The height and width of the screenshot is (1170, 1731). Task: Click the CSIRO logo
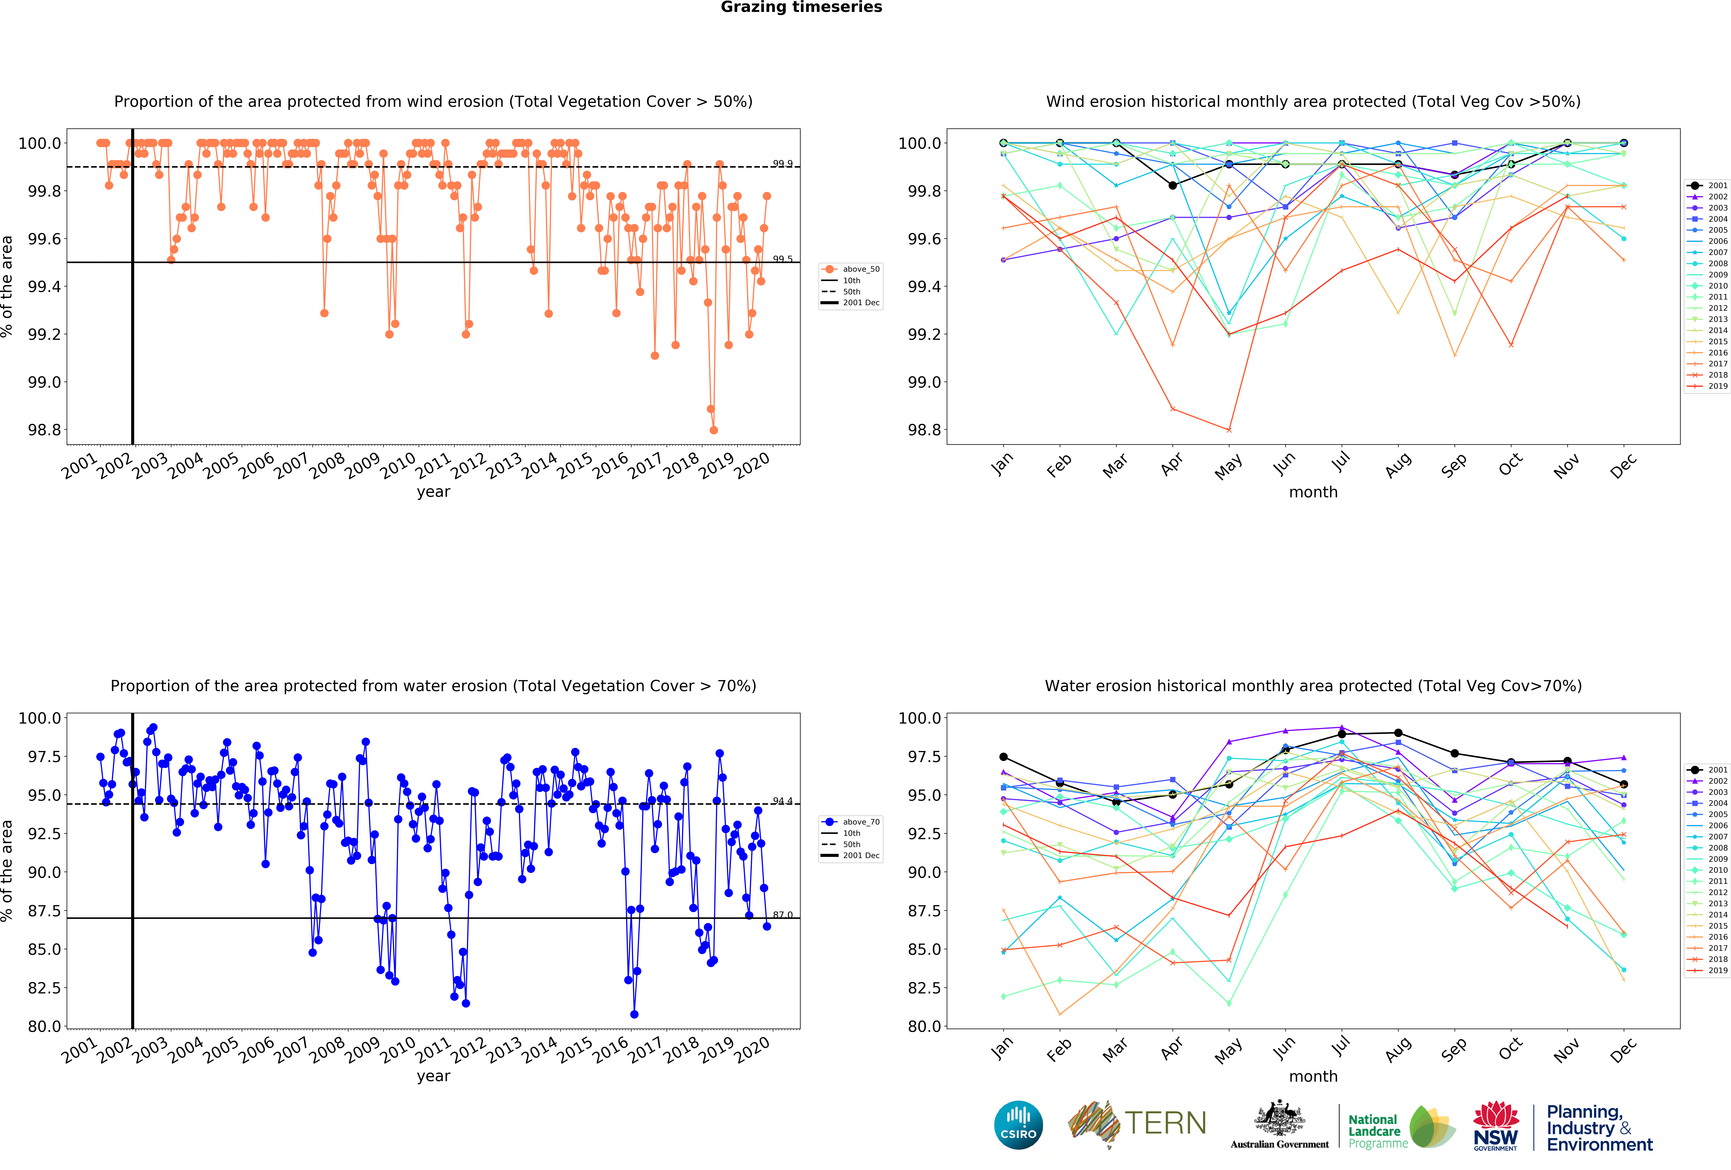pyautogui.click(x=1018, y=1125)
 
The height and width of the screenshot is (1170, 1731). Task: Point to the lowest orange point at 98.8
pyautogui.click(x=714, y=430)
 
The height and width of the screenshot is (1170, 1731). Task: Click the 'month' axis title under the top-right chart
pyautogui.click(x=1313, y=492)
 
